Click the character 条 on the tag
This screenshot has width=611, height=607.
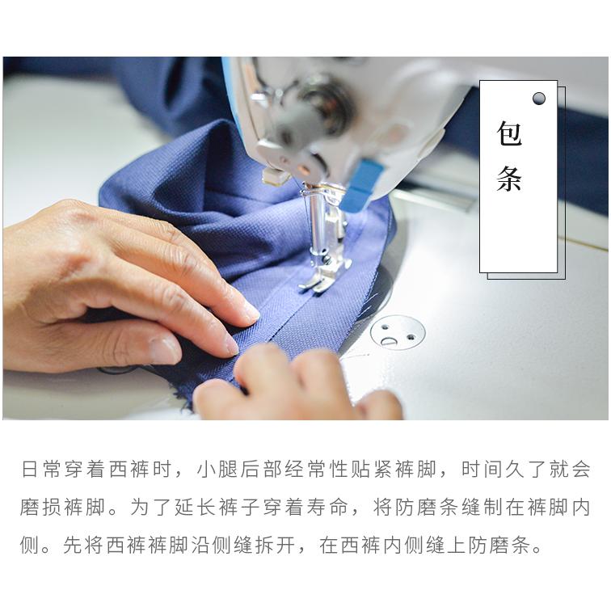[509, 179]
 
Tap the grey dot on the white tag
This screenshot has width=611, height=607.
[539, 99]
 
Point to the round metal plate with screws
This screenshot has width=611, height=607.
[397, 331]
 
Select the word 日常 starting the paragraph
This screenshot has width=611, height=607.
[40, 470]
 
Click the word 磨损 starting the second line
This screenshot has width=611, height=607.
[40, 508]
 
